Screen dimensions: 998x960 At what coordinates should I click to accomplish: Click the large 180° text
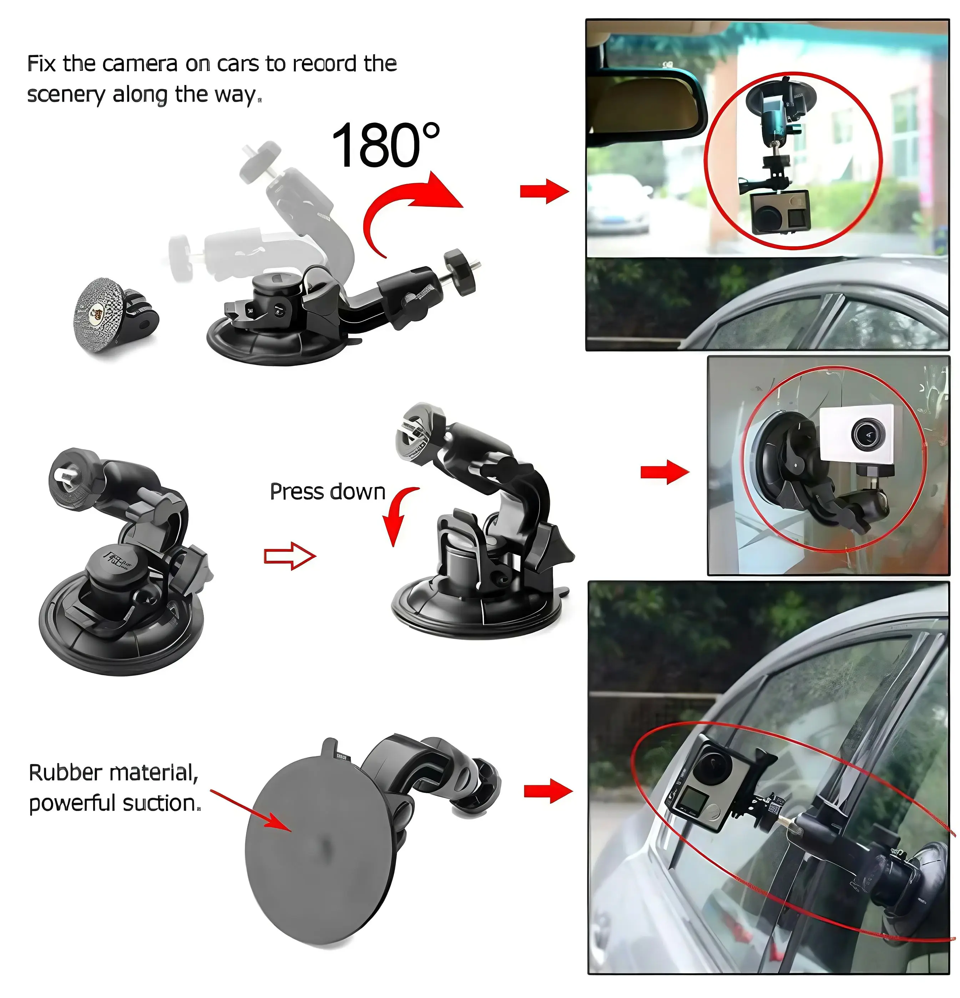pos(385,145)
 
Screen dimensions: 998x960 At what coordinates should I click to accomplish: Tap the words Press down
pos(327,492)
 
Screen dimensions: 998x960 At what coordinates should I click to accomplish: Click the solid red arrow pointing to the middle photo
pos(664,472)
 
